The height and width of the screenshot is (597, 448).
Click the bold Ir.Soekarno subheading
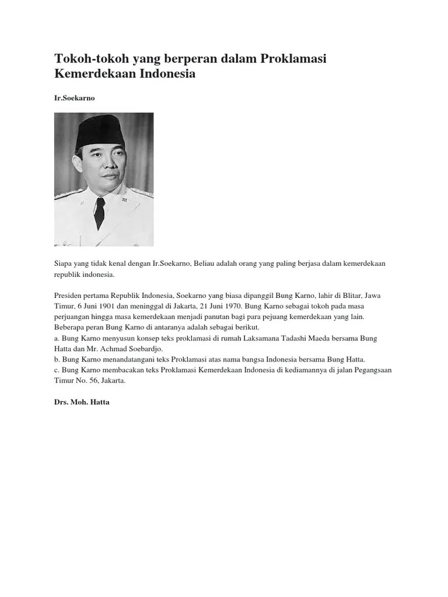point(74,99)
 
